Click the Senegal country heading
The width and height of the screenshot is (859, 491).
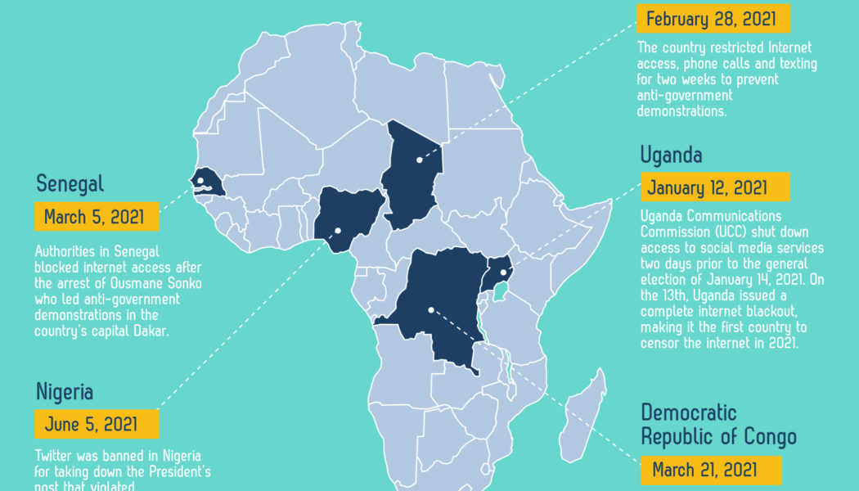pyautogui.click(x=70, y=183)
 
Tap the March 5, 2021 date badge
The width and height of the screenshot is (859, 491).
pyautogui.click(x=95, y=217)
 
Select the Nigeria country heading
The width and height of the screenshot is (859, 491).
pyautogui.click(x=65, y=392)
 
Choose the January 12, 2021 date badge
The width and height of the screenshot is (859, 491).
pyautogui.click(x=714, y=187)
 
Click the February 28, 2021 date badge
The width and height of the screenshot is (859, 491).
pyautogui.click(x=713, y=19)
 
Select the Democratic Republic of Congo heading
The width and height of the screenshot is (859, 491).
pyautogui.click(x=717, y=424)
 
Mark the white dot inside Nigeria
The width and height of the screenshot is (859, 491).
pyautogui.click(x=337, y=231)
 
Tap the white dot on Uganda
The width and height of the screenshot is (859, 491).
pyautogui.click(x=503, y=273)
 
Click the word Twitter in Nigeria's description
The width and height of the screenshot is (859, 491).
pyautogui.click(x=56, y=455)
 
